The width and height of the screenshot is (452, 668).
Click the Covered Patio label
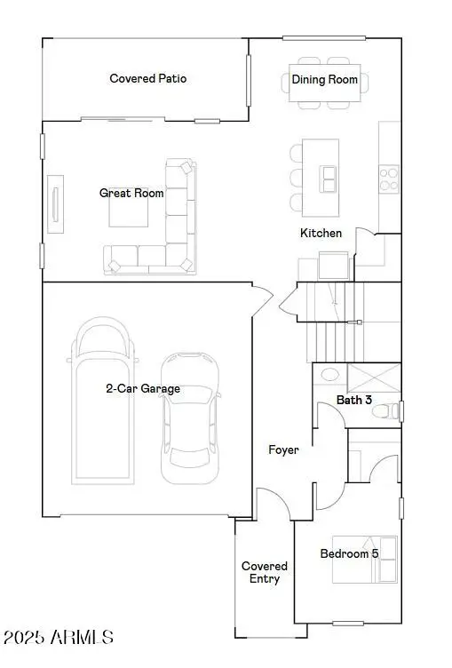pos(148,78)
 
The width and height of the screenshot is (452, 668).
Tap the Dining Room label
pos(325,79)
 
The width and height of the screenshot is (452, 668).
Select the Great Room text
pos(131,193)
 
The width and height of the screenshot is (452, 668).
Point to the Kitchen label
pos(321,233)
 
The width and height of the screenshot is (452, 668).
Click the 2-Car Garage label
pos(143,388)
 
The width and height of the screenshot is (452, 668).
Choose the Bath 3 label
pos(353,400)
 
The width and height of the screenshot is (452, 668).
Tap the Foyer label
pos(283,449)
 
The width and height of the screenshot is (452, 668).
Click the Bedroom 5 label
pos(349,553)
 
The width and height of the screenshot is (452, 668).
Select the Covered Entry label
pos(265,572)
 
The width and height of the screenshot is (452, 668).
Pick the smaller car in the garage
pos(189,417)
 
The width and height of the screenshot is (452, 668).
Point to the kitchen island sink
pos(329,179)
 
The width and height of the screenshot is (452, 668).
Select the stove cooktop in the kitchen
pos(389,179)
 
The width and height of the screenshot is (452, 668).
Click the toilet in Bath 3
pos(385,410)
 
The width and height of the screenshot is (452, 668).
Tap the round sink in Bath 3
pos(329,376)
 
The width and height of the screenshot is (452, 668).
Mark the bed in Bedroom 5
pos(364,559)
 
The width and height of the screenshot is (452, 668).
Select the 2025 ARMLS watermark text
pos(59,637)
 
